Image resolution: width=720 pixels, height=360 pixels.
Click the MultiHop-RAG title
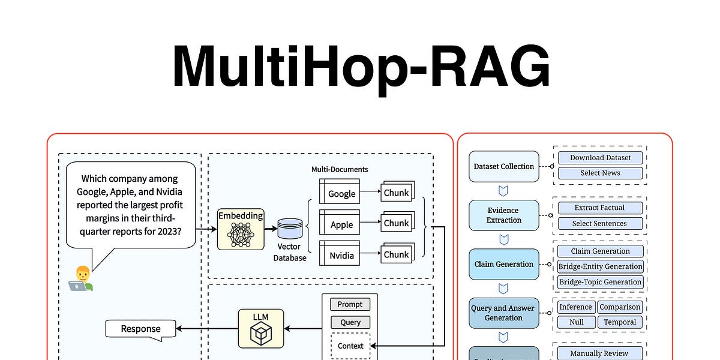[361, 66]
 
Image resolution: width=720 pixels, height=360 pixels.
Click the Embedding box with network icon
[241, 229]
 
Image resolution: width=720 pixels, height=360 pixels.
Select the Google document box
[340, 192]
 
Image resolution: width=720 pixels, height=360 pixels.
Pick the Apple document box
[340, 223]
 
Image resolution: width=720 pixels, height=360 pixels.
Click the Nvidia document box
[340, 254]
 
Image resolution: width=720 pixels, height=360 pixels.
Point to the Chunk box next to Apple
[396, 223]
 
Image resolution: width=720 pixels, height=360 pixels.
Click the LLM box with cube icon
[261, 328]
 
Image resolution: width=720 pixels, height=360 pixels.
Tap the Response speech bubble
[142, 328]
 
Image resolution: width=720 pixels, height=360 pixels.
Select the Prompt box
[350, 305]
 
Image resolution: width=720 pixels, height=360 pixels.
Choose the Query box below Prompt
[350, 322]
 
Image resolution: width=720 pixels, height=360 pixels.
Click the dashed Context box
[350, 346]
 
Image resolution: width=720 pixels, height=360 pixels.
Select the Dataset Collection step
[504, 166]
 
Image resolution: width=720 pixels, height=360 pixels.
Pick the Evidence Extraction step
[504, 215]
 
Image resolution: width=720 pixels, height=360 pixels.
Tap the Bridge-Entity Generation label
[600, 266]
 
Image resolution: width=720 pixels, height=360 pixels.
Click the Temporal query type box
[620, 322]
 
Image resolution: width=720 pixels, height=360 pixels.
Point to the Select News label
[600, 173]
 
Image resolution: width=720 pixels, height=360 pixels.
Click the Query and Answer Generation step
[504, 313]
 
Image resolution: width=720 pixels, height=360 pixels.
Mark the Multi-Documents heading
[340, 170]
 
